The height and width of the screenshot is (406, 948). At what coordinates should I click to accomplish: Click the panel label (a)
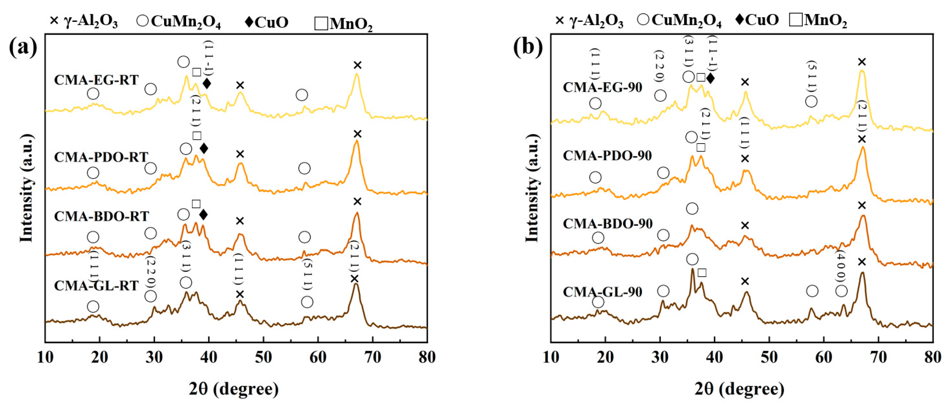click(23, 47)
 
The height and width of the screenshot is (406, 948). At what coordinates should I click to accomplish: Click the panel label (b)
click(528, 47)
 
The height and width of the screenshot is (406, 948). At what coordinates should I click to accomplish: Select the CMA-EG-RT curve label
click(96, 80)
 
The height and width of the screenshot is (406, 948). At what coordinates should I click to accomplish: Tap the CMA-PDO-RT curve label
click(101, 157)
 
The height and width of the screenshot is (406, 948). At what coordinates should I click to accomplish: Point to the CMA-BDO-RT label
click(101, 216)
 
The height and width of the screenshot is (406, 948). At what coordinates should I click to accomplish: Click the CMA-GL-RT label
click(96, 286)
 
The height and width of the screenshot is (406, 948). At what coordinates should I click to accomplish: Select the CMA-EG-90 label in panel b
click(602, 87)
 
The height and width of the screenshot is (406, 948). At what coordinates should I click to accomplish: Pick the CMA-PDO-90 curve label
click(607, 156)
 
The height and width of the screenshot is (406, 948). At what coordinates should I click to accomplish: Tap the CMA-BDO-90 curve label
click(608, 224)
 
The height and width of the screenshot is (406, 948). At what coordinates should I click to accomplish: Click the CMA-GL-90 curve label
click(602, 292)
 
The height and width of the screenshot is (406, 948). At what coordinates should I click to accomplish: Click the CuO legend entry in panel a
click(266, 22)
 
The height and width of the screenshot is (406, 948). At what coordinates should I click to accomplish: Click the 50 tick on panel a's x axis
click(263, 357)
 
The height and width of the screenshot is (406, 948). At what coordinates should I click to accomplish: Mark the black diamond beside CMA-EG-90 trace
click(710, 78)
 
